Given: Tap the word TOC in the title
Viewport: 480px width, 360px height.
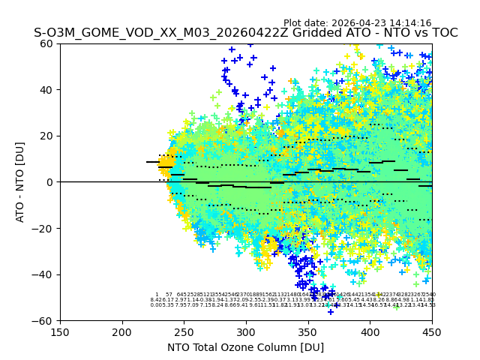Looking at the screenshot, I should pyautogui.click(x=442, y=33).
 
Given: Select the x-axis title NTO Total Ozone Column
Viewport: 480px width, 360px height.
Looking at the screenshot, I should pyautogui.click(x=245, y=347).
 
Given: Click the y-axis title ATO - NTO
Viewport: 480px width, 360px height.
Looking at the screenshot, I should pyautogui.click(x=20, y=182).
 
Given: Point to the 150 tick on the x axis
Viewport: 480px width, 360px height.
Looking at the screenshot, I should pyautogui.click(x=60, y=331).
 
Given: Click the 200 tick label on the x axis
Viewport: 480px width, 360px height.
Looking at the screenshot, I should pyautogui.click(x=122, y=331).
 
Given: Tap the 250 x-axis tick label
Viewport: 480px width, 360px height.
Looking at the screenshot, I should pyautogui.click(x=184, y=331).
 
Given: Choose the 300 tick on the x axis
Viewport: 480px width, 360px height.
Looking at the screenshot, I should pyautogui.click(x=246, y=331).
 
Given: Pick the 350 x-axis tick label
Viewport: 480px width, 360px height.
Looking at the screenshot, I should pyautogui.click(x=307, y=331).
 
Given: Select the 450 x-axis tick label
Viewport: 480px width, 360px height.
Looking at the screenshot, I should pyautogui.click(x=431, y=331).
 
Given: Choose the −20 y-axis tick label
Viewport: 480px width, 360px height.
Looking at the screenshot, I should pyautogui.click(x=45, y=228).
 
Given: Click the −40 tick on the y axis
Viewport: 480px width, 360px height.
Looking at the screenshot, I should pyautogui.click(x=45, y=274).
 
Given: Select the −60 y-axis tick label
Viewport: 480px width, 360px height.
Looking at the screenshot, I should pyautogui.click(x=45, y=320).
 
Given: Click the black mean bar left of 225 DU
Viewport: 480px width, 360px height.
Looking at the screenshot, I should pyautogui.click(x=152, y=162).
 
